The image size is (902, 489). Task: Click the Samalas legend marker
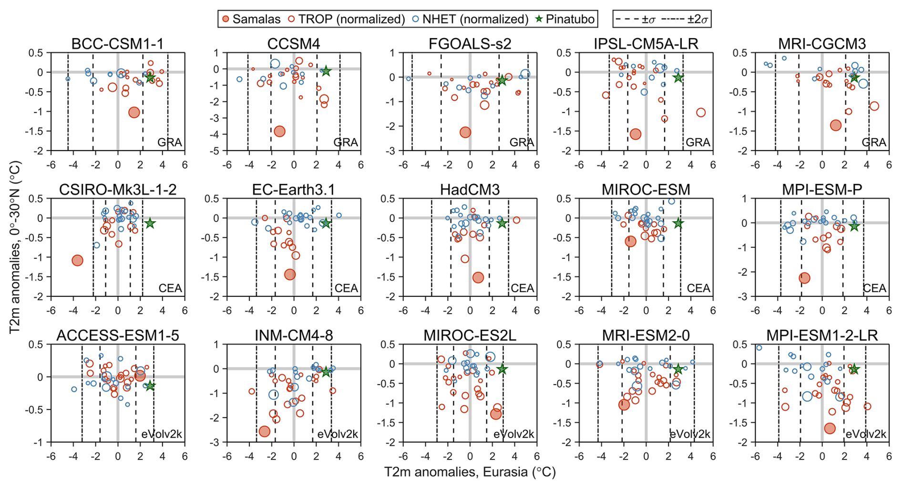pyautogui.click(x=226, y=20)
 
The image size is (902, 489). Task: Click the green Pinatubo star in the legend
pyautogui.click(x=539, y=20)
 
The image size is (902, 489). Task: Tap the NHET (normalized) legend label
pyautogui.click(x=476, y=20)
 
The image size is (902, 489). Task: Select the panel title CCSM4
pyautogui.click(x=294, y=44)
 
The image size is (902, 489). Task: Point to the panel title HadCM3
pyautogui.click(x=470, y=190)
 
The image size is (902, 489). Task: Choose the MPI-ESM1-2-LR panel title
pyautogui.click(x=822, y=336)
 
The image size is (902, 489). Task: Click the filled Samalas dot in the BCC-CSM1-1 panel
pyautogui.click(x=134, y=112)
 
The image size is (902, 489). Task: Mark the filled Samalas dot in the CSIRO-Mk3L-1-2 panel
pyautogui.click(x=77, y=260)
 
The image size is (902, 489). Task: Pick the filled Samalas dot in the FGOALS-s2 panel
pyautogui.click(x=465, y=132)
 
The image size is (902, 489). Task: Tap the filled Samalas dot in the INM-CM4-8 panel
pyautogui.click(x=264, y=431)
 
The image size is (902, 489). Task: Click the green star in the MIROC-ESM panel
pyautogui.click(x=678, y=223)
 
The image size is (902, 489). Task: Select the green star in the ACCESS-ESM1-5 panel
pyautogui.click(x=150, y=386)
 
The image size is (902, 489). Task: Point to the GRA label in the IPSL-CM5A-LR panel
pyautogui.click(x=698, y=143)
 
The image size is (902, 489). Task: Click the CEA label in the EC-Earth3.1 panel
pyautogui.click(x=346, y=288)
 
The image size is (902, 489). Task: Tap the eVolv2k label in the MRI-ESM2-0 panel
pyautogui.click(x=690, y=434)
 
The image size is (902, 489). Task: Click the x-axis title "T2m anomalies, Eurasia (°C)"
pyautogui.click(x=470, y=472)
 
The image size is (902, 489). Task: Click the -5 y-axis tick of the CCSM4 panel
pyautogui.click(x=215, y=151)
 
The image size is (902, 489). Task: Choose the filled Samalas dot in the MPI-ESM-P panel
pyautogui.click(x=804, y=278)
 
